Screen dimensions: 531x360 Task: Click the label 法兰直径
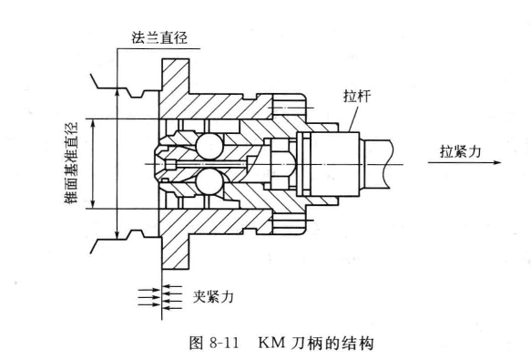159,37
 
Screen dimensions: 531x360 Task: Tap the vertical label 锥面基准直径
71,163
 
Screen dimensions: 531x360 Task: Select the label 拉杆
357,96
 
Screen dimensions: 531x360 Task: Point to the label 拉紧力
461,151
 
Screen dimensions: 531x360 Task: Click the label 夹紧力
213,296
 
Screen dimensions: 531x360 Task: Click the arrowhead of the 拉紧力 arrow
497,163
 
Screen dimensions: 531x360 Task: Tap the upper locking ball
209,146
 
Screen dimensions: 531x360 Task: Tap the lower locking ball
209,181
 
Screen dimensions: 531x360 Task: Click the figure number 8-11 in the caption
224,343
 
